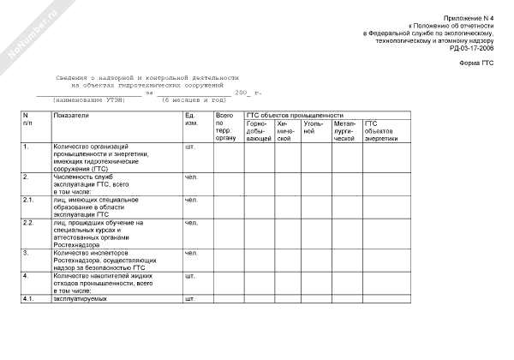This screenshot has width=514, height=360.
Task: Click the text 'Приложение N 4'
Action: click(469, 19)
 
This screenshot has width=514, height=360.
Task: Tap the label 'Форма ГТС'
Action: click(475, 63)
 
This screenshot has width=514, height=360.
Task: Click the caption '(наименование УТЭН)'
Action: click(89, 100)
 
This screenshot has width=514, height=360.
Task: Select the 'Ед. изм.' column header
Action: click(193, 118)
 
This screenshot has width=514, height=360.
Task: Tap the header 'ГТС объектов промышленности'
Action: click(295, 115)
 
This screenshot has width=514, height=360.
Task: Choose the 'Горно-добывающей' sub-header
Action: click(259, 130)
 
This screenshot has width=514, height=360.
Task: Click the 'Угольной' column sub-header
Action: click(314, 127)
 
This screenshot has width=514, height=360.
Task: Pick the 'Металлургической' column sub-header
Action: click(345, 130)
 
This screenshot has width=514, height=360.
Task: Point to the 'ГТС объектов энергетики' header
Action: click(381, 130)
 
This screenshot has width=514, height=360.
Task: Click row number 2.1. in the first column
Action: click(28, 200)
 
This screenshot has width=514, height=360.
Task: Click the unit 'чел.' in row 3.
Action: click(191, 253)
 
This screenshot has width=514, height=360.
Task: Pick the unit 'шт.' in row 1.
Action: click(190, 147)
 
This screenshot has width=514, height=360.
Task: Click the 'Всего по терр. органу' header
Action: click(224, 126)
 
